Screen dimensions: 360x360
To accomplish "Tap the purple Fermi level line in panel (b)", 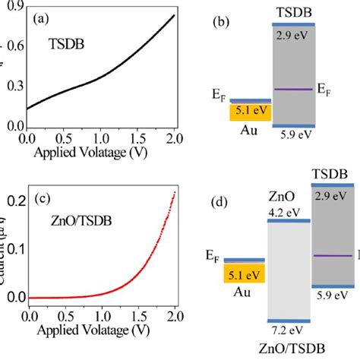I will point(292,90).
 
